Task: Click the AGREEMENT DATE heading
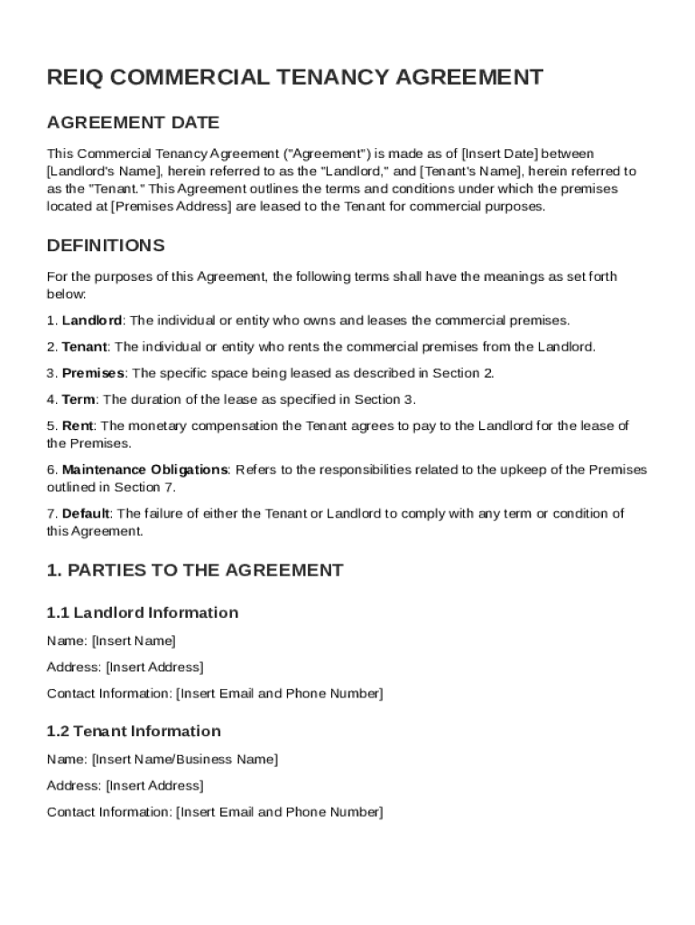pyautogui.click(x=133, y=123)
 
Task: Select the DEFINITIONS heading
pyautogui.click(x=106, y=246)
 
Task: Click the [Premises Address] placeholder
pyautogui.click(x=171, y=206)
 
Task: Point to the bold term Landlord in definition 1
pyautogui.click(x=92, y=321)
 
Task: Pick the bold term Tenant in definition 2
pyautogui.click(x=84, y=347)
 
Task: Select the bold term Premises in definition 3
pyautogui.click(x=93, y=373)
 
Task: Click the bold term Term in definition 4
pyautogui.click(x=79, y=399)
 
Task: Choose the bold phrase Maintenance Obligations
pyautogui.click(x=144, y=470)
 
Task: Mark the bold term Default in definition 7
pyautogui.click(x=86, y=514)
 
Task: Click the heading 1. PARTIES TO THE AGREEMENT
pyautogui.click(x=194, y=570)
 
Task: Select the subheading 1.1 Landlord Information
pyautogui.click(x=143, y=612)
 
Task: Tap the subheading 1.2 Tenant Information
pyautogui.click(x=134, y=731)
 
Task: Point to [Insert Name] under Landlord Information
pyautogui.click(x=134, y=640)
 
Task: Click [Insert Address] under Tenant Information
pyautogui.click(x=154, y=785)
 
